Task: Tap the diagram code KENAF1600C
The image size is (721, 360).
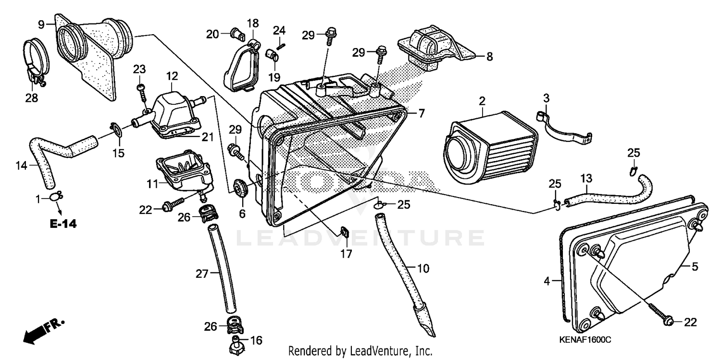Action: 584,340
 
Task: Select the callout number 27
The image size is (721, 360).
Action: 201,274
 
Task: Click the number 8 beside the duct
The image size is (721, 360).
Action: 489,57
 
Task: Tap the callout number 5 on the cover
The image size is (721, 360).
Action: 695,266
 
